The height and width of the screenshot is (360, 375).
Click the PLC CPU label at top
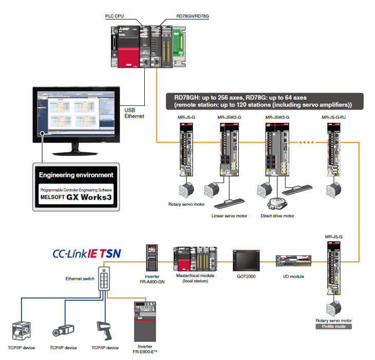coord(116,16)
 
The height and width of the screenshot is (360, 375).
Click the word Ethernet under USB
coord(135,116)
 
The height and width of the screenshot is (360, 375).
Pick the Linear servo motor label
coord(229,215)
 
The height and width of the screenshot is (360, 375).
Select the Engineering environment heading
coord(76,175)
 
